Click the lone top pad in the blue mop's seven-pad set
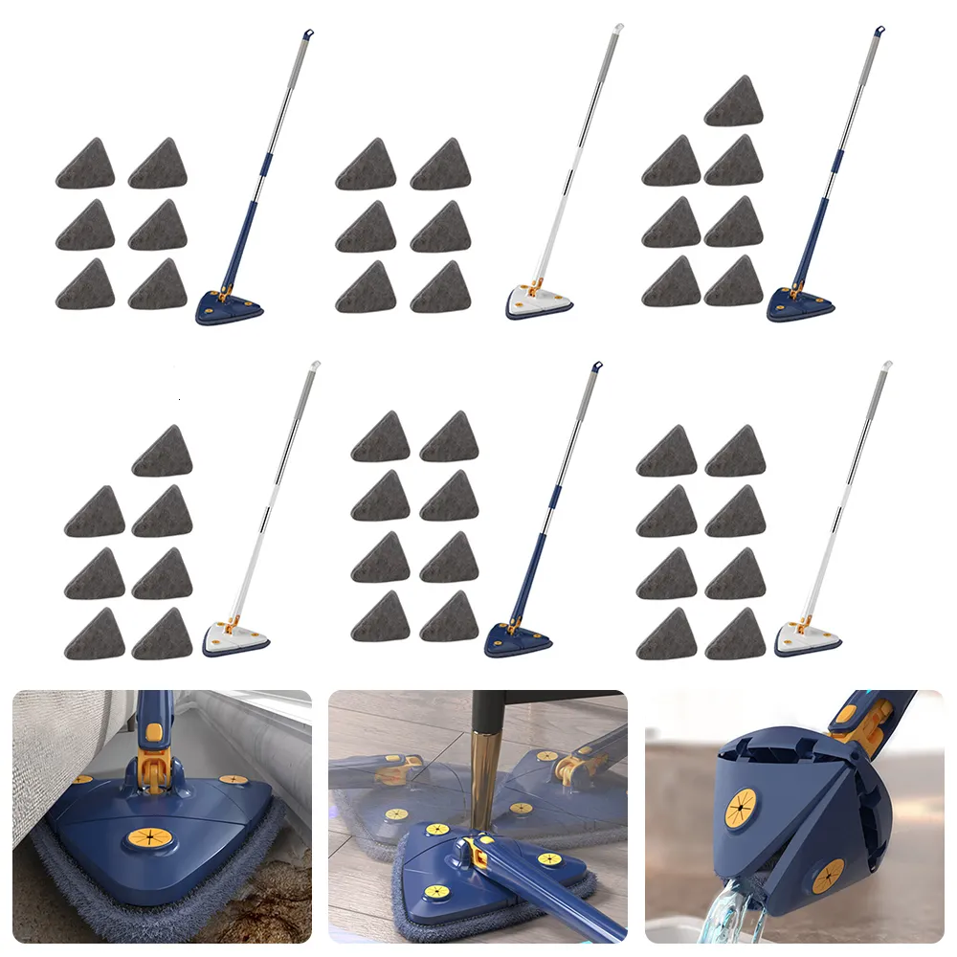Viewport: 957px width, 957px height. pyautogui.click(x=734, y=101)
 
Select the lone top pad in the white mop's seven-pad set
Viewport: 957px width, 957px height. pyautogui.click(x=163, y=451)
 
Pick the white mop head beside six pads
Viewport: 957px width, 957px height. pyautogui.click(x=539, y=302)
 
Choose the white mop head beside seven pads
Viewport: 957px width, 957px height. pyautogui.click(x=235, y=637)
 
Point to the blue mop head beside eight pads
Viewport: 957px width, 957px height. pyautogui.click(x=518, y=638)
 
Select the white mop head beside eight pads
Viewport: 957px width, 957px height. pyautogui.click(x=807, y=637)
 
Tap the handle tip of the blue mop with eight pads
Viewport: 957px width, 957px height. pyautogui.click(x=596, y=367)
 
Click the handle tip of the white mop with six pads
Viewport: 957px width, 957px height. pyautogui.click(x=618, y=29)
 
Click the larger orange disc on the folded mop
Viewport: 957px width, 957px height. pyautogui.click(x=743, y=809)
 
